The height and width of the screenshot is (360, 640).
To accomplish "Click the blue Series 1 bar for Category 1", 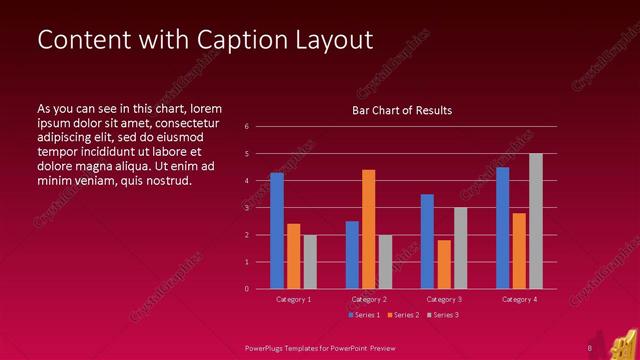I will click(x=277, y=231).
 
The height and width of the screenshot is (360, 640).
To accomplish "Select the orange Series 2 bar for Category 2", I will click(x=368, y=229).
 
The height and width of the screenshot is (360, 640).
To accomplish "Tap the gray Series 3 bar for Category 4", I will click(x=536, y=221).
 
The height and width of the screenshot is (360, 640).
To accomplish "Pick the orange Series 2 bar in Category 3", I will click(x=444, y=264).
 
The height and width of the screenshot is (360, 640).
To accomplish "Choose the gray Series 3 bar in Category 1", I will click(x=310, y=262).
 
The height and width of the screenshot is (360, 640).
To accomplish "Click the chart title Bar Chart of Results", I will click(x=402, y=110).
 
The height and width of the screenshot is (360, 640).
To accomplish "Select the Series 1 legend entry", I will click(x=363, y=315).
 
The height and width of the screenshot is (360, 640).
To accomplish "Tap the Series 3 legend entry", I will click(x=443, y=315).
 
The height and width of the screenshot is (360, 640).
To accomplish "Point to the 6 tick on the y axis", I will click(x=246, y=127).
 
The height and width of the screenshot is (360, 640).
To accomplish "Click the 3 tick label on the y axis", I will click(x=246, y=208).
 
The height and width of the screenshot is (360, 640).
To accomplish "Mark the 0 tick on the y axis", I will click(x=246, y=289).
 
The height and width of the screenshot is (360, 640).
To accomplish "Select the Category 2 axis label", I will click(x=368, y=299).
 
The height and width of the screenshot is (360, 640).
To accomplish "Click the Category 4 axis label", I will click(x=519, y=299).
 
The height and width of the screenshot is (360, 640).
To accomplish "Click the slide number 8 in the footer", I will click(x=590, y=348).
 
